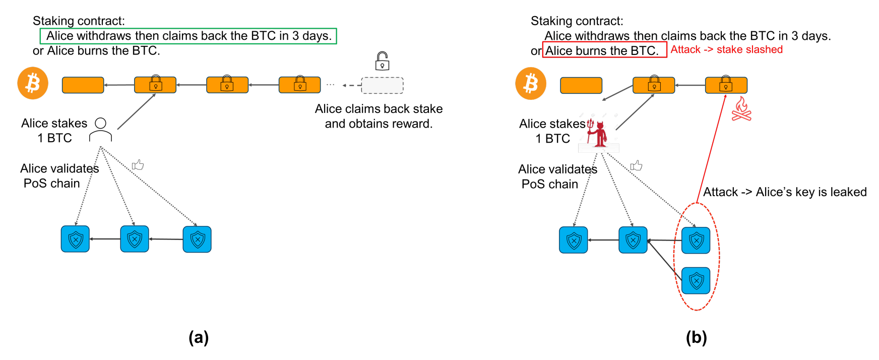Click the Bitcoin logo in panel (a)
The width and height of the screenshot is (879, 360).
coord(33,83)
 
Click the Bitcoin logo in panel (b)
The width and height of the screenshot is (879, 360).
coord(531,83)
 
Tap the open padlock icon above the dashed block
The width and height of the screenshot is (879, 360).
coord(382,61)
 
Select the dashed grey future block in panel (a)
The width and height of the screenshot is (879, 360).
coord(382,85)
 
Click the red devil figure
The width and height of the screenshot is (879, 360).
coord(598,134)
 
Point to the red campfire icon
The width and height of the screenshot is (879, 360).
coord(741,109)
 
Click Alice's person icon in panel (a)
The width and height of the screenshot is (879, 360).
coord(101,130)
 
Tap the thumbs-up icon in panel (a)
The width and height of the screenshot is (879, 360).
coord(138,165)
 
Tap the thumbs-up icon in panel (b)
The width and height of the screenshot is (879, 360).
coord(636,165)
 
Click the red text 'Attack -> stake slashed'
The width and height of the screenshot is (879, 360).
coord(726,49)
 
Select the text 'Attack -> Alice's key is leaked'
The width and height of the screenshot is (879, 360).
coord(785,192)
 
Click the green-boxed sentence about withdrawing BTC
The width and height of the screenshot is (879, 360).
coord(189,36)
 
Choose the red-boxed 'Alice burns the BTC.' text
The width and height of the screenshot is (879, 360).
coord(602,50)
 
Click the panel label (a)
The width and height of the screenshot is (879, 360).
coord(199,337)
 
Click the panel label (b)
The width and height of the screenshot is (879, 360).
coord(696,337)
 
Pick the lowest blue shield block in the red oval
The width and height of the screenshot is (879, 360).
coord(696,281)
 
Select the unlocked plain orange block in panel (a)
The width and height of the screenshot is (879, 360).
coord(83,85)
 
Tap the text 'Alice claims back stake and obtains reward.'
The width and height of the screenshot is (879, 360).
coord(379,116)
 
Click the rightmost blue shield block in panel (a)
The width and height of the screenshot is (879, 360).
coord(197,239)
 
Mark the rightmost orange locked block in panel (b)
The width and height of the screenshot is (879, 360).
coord(726,85)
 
